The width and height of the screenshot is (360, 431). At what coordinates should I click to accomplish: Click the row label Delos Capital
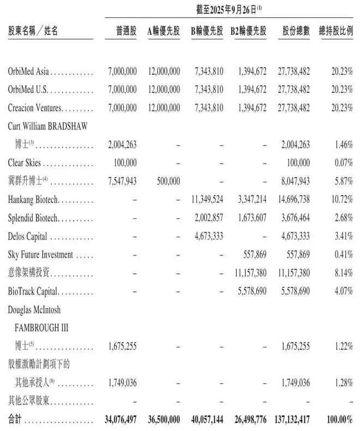coord(28,237)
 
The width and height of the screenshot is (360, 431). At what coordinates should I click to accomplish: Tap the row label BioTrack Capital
coord(33,291)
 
